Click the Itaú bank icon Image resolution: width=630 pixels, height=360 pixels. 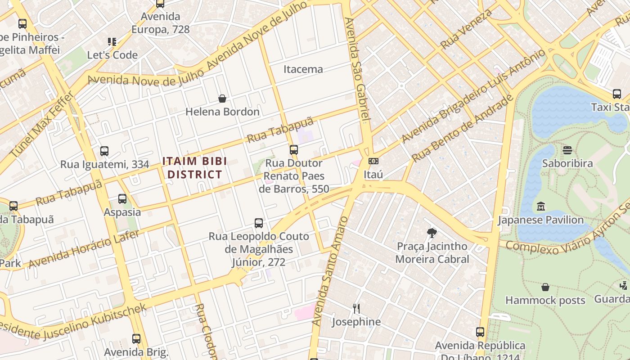click(373, 161)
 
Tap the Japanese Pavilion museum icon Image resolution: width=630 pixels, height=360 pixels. click(541, 207)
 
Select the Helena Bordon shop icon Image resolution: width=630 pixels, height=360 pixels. click(222, 99)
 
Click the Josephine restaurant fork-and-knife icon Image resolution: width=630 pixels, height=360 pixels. click(356, 308)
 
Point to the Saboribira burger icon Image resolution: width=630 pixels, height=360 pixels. click(567, 150)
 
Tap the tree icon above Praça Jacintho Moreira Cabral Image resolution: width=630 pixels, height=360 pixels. click(432, 233)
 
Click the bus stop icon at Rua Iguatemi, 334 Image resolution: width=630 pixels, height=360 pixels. click(104, 151)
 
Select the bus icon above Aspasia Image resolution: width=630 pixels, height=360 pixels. click(122, 198)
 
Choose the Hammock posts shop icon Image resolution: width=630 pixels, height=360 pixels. click(545, 287)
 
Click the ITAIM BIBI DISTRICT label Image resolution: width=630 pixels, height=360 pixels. click(194, 167)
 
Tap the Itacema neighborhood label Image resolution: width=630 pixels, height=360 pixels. click(303, 69)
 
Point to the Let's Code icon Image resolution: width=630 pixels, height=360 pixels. click(112, 42)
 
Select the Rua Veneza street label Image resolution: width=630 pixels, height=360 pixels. click(467, 29)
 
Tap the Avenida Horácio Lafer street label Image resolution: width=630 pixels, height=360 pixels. click(84, 248)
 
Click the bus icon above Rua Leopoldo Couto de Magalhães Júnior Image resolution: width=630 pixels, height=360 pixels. click(259, 223)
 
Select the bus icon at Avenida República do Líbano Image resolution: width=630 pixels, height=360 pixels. click(480, 333)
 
